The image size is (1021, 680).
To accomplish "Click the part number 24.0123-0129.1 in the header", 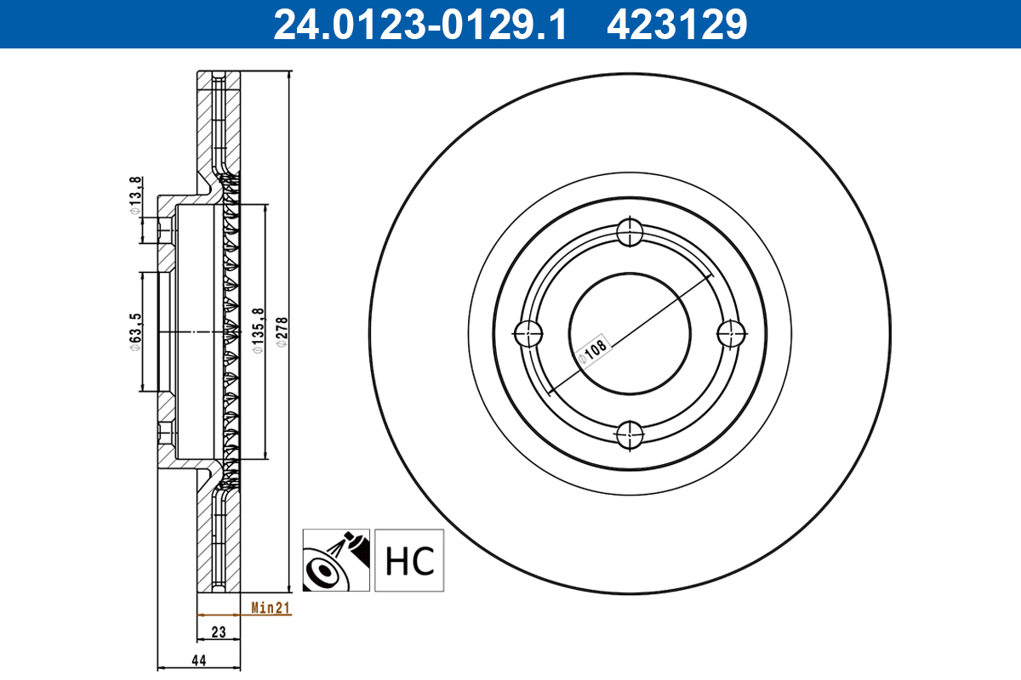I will click(419, 25).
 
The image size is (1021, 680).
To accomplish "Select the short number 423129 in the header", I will click(676, 25).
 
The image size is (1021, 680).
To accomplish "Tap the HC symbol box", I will click(410, 560).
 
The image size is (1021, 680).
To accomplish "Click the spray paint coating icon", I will click(336, 560).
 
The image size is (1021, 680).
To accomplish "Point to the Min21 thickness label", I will click(271, 607).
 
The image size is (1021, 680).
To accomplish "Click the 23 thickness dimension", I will click(219, 632).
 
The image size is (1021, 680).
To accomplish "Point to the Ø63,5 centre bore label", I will click(135, 331).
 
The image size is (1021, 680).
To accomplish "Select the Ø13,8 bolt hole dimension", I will click(135, 195).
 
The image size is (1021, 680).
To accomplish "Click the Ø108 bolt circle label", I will click(594, 350).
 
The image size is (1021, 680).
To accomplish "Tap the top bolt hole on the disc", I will click(630, 230).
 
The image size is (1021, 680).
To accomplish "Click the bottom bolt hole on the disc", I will click(630, 434).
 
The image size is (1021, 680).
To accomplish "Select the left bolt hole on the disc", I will click(528, 332).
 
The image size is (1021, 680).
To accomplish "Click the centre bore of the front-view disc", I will click(630, 332).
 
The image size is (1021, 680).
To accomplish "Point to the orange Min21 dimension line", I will click(220, 614).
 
